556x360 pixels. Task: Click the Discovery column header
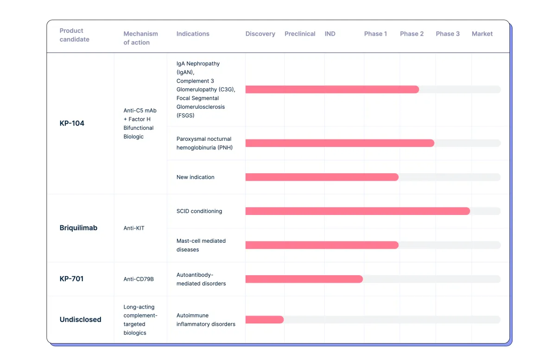pyautogui.click(x=260, y=34)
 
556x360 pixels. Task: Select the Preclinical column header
pyautogui.click(x=300, y=34)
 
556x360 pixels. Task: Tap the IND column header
pyautogui.click(x=330, y=34)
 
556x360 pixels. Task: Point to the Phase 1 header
pyautogui.click(x=375, y=34)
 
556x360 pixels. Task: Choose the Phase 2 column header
pyautogui.click(x=412, y=34)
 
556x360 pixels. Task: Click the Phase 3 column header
pyautogui.click(x=448, y=34)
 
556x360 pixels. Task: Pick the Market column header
pyautogui.click(x=482, y=34)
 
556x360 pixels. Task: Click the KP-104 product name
pyautogui.click(x=72, y=123)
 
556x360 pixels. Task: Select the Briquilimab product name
pyautogui.click(x=78, y=227)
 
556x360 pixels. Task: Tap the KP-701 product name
pyautogui.click(x=71, y=278)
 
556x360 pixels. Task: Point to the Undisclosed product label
pyautogui.click(x=81, y=319)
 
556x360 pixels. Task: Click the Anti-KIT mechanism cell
pyautogui.click(x=134, y=228)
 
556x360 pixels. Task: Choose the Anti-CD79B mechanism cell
pyautogui.click(x=139, y=279)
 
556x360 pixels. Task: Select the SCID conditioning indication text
pyautogui.click(x=199, y=211)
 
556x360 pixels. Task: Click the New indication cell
pyautogui.click(x=196, y=177)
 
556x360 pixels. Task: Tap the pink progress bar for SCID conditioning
pyautogui.click(x=358, y=211)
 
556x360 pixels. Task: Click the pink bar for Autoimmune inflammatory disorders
pyautogui.click(x=265, y=320)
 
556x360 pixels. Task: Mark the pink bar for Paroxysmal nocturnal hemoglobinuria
pyautogui.click(x=340, y=143)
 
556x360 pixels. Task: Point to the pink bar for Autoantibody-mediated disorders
pyautogui.click(x=304, y=279)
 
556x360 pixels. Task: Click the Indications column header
pyautogui.click(x=193, y=34)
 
